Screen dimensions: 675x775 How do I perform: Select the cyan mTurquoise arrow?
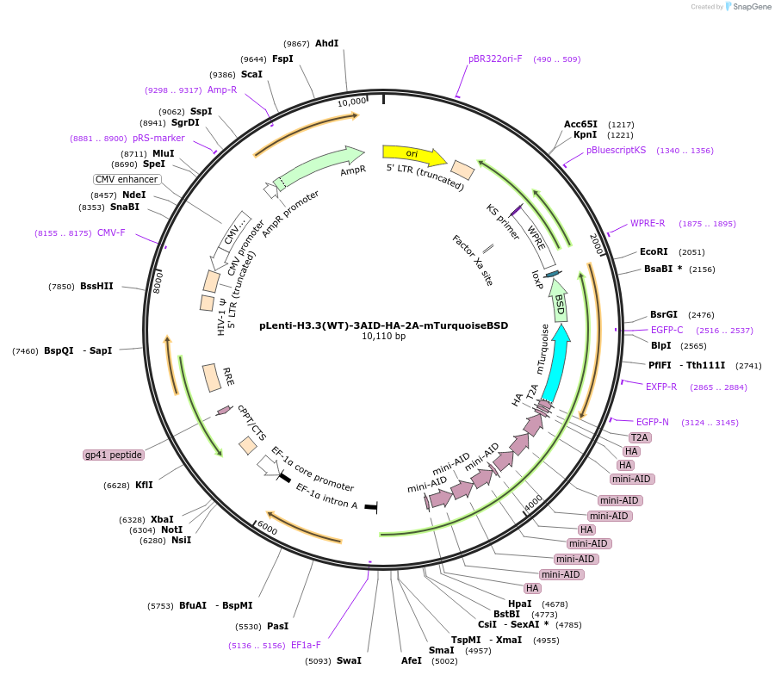(x=555, y=362)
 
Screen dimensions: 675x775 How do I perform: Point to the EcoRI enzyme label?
(x=654, y=252)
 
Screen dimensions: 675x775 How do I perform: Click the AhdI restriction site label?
(x=326, y=43)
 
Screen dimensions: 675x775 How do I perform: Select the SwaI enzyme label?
(x=349, y=660)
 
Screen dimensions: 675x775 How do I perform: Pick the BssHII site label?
(x=96, y=286)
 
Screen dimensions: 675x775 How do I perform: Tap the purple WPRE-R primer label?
(x=648, y=224)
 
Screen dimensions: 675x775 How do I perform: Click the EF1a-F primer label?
(x=306, y=645)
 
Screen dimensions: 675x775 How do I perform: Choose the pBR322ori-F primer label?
(x=495, y=59)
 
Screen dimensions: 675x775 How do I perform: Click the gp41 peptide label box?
(x=114, y=455)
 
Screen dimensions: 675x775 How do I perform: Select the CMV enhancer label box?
(x=127, y=179)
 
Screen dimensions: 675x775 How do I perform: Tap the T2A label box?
(x=639, y=437)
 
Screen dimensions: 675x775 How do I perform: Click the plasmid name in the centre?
(x=384, y=325)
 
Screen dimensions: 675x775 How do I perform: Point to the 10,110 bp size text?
(x=384, y=337)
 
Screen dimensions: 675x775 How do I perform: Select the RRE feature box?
(x=212, y=377)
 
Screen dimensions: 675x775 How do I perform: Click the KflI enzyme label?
(x=144, y=485)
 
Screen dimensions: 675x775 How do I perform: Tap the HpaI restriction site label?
(x=520, y=604)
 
